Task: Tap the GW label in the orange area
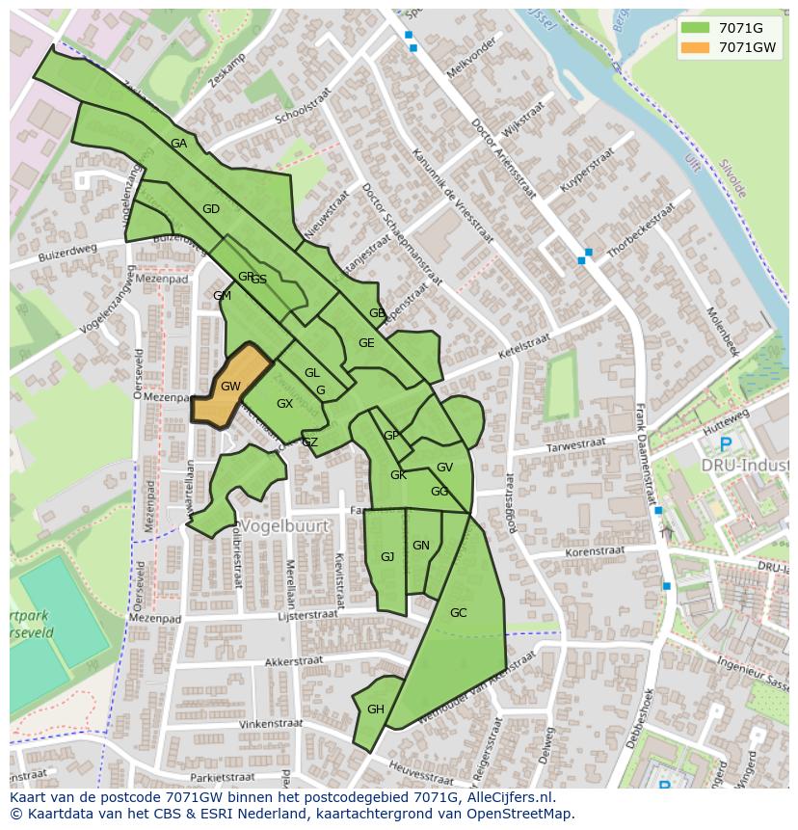[230, 387]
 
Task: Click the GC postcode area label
[458, 613]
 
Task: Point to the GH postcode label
[376, 710]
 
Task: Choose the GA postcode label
[178, 144]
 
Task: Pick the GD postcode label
[211, 209]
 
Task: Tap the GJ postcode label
[387, 557]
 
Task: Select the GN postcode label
[421, 546]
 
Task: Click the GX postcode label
[284, 404]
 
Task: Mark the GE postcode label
[366, 343]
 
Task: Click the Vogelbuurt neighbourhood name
[284, 526]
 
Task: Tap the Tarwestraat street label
[575, 445]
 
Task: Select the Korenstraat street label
[595, 552]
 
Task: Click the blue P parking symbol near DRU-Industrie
[725, 445]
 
